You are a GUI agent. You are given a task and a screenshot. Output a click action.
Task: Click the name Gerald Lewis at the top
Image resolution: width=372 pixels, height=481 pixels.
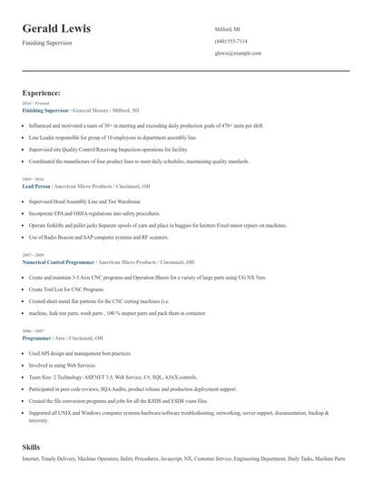(x=56, y=29)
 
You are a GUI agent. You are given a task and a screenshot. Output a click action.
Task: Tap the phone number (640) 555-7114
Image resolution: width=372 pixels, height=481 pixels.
(x=230, y=42)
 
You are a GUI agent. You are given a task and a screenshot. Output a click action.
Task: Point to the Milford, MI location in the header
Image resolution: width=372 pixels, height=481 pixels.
(x=227, y=29)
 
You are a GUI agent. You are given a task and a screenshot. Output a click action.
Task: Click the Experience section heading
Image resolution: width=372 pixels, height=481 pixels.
(x=42, y=93)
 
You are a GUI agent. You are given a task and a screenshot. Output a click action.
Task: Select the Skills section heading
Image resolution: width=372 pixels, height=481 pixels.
(x=31, y=447)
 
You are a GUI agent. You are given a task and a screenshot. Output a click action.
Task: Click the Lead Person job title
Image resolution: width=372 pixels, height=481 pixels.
(x=36, y=185)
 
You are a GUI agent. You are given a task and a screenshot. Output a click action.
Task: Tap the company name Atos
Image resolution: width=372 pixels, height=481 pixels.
(x=60, y=338)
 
